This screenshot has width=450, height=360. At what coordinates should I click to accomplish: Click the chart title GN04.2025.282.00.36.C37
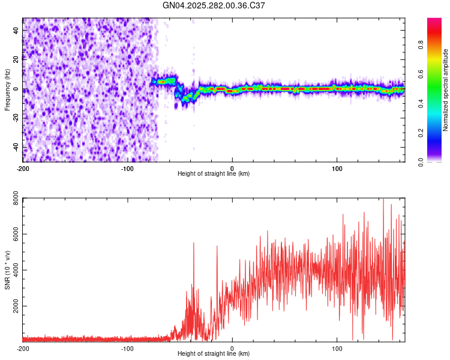[x=214, y=5]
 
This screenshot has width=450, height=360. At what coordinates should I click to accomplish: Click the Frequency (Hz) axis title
[x=7, y=90]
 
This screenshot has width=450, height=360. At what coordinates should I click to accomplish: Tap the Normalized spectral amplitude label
[x=446, y=90]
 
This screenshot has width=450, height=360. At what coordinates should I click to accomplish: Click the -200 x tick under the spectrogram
[x=23, y=168]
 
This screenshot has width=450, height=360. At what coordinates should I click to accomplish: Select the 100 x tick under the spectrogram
[x=337, y=168]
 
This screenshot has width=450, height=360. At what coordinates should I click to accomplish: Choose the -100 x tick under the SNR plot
[x=127, y=348]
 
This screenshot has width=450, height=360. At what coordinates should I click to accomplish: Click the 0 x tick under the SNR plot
[x=232, y=348]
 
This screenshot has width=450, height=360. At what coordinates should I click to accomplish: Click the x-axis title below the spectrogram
[x=214, y=174]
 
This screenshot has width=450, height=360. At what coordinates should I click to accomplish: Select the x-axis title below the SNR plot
[x=214, y=354]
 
